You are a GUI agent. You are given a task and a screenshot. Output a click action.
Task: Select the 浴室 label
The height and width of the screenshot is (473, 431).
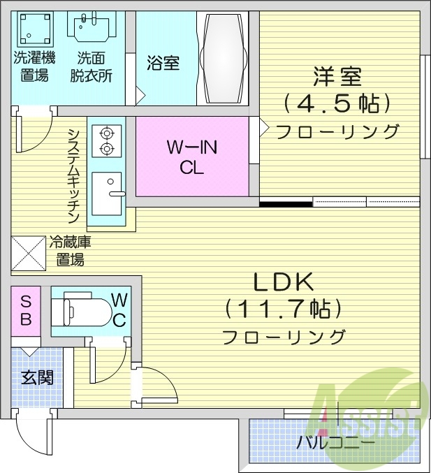(163, 63)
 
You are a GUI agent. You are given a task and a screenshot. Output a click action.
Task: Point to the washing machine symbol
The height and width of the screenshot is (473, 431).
(33, 27)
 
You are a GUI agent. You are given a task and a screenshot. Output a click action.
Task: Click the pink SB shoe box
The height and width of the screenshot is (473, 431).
(25, 312)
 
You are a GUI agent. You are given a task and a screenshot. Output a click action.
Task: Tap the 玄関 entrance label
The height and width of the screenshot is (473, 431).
(37, 377)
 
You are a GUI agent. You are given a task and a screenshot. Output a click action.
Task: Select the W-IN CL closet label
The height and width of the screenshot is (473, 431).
(192, 157)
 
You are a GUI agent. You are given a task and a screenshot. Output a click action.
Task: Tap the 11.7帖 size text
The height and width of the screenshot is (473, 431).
(283, 308)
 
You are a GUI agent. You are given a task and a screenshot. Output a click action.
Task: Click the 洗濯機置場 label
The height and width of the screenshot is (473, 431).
(34, 66)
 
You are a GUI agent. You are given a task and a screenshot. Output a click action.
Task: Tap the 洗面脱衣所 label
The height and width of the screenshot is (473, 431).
(92, 66)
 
